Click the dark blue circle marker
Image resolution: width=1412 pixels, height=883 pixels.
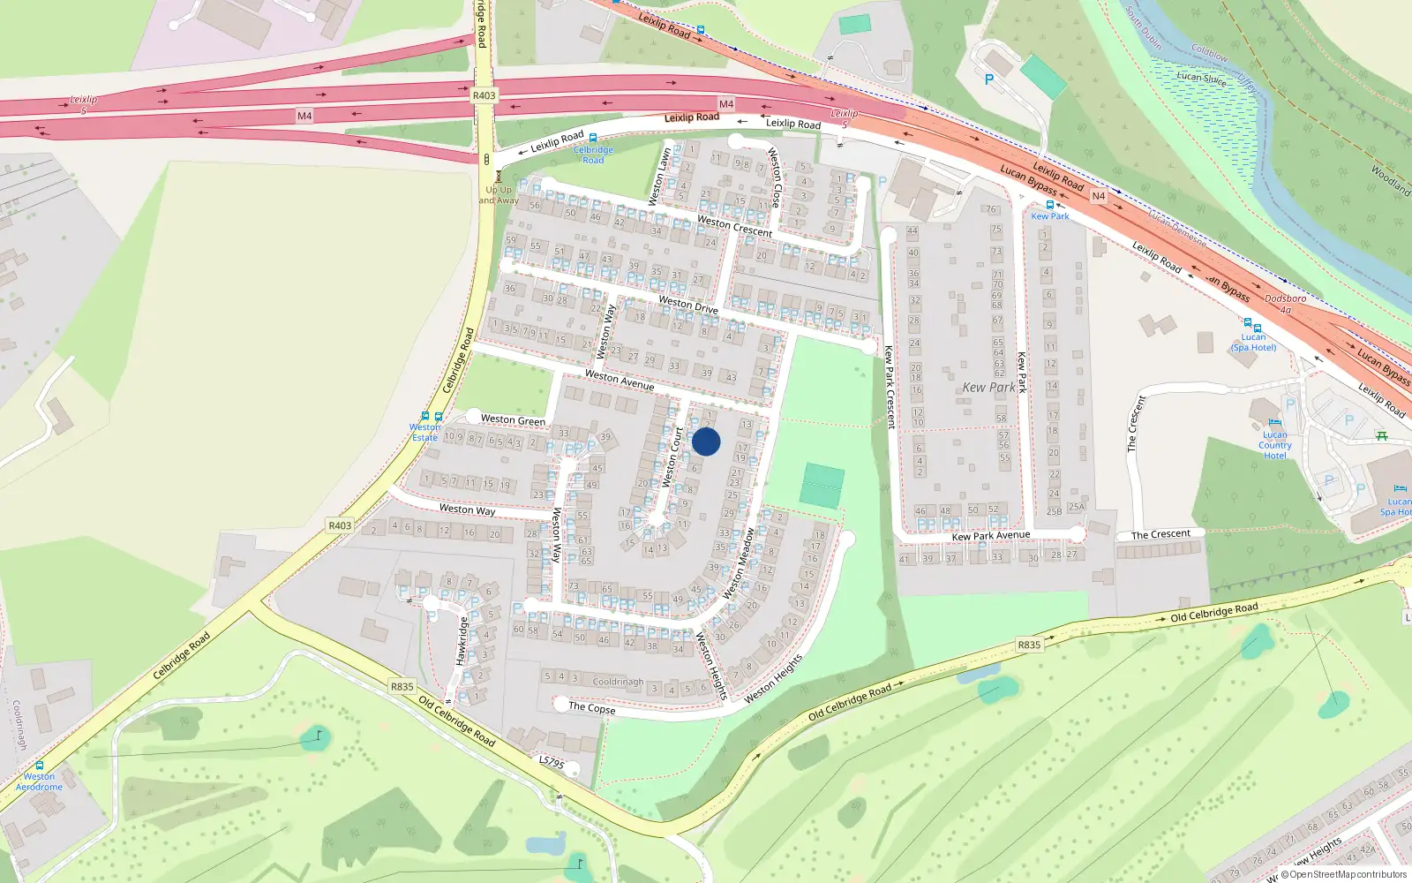(706, 441)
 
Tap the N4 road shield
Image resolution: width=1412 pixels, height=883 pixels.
(1098, 196)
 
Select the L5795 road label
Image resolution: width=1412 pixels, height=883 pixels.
(552, 762)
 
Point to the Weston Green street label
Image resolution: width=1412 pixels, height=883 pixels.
(513, 420)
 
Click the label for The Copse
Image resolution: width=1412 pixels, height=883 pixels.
(592, 707)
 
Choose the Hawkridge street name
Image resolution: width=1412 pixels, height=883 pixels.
(462, 641)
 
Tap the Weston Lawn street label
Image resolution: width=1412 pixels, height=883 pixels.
(660, 177)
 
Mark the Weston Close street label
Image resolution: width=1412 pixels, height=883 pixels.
(775, 177)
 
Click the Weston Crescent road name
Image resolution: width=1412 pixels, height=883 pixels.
(734, 226)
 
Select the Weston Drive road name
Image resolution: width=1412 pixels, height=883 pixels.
(688, 306)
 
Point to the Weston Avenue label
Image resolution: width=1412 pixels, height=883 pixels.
(620, 381)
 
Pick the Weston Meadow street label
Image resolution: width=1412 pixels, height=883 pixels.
(740, 563)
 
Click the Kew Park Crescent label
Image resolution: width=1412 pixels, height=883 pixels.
(890, 387)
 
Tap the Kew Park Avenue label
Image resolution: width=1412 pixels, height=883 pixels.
(990, 535)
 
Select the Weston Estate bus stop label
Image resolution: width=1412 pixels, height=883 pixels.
(424, 432)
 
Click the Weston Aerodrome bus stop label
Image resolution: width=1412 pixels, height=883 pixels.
(39, 781)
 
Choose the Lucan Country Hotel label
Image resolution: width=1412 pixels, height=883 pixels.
(1274, 445)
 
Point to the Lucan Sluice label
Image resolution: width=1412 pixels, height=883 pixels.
(1201, 78)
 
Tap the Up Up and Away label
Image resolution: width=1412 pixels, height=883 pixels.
(499, 195)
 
